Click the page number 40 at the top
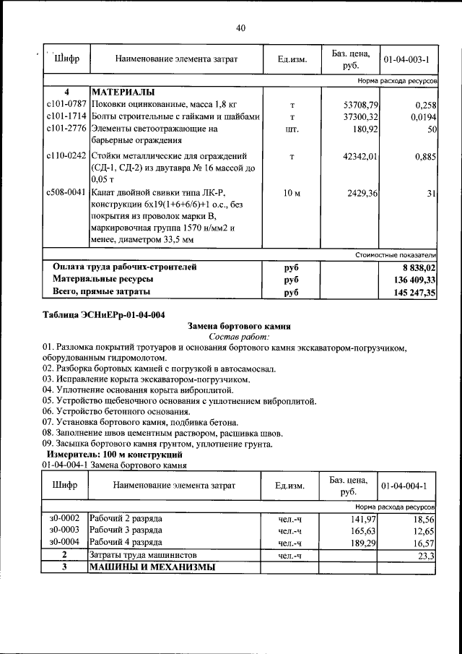(240, 28)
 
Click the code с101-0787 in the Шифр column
(66, 106)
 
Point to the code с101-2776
(66, 129)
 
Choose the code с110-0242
(66, 156)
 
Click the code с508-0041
(66, 193)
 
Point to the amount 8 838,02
(417, 267)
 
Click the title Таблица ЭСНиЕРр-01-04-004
(104, 315)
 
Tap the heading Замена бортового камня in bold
(239, 327)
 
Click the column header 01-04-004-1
(405, 486)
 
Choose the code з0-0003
(64, 530)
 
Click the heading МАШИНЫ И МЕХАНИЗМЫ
(153, 567)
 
